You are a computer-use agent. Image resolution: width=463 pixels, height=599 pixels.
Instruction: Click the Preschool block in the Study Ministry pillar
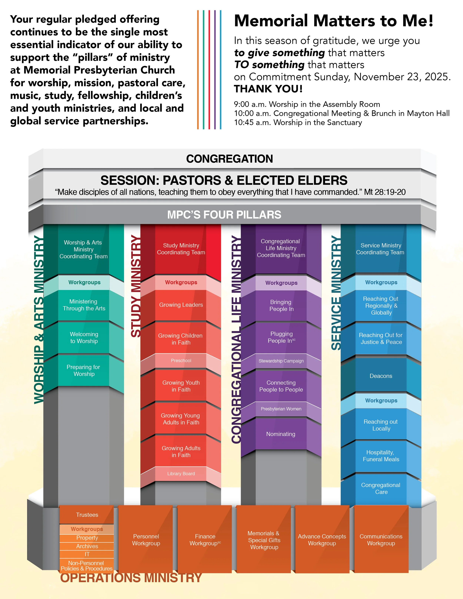click(x=181, y=360)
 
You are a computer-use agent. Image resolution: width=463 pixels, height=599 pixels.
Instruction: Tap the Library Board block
click(x=181, y=473)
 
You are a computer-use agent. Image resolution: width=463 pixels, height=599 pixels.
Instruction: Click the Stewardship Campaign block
click(x=281, y=361)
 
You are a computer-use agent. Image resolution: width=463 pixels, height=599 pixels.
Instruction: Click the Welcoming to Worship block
click(x=84, y=338)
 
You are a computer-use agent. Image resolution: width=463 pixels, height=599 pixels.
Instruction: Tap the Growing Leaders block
click(x=181, y=305)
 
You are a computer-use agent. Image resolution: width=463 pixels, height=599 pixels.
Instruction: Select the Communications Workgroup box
click(x=381, y=540)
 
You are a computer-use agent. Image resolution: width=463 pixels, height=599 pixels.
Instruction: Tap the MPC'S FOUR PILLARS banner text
click(x=224, y=215)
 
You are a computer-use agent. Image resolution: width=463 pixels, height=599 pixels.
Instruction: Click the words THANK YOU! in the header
click(x=268, y=89)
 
